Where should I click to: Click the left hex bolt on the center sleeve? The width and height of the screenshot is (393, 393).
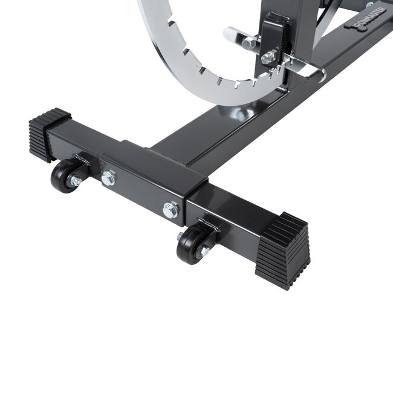coord(108,178)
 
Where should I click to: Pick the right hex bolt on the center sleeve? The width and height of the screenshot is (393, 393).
coord(171,209)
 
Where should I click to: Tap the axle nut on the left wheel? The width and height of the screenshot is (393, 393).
coord(75,181)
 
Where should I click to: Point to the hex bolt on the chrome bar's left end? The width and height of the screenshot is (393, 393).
coord(248,43)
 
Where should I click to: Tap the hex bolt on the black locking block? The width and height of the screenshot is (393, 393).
coord(268,58)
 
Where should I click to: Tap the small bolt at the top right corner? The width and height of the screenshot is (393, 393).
coord(369,5)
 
